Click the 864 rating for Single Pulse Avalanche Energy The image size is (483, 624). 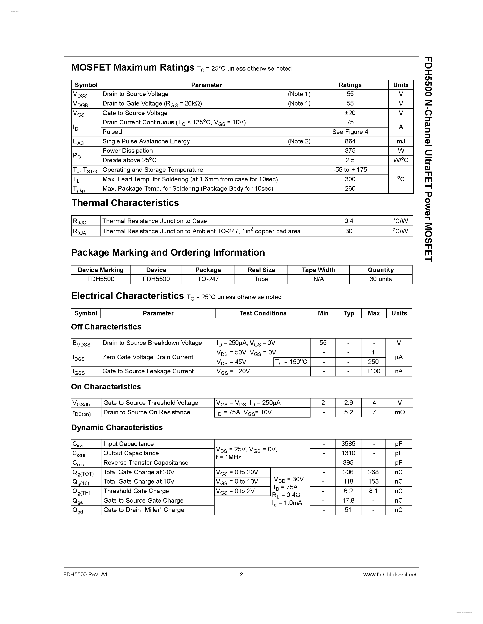350,141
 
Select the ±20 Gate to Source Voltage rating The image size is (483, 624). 350,113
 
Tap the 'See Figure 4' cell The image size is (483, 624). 350,132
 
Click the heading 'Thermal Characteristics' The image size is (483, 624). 125,203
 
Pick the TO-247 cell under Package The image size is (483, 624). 208,279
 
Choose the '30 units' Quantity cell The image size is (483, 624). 380,279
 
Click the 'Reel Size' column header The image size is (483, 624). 261,270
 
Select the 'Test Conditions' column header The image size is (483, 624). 263,313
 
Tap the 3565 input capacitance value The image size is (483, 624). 348,444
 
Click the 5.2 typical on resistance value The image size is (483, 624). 348,412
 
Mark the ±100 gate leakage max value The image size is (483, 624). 373,371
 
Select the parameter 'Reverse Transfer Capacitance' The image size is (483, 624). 146,463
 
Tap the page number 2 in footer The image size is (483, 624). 241,575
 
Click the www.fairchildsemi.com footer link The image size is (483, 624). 391,575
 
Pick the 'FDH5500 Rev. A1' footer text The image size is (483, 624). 85,575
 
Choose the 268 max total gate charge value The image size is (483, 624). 373,472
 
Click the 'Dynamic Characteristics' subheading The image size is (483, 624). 117,427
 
